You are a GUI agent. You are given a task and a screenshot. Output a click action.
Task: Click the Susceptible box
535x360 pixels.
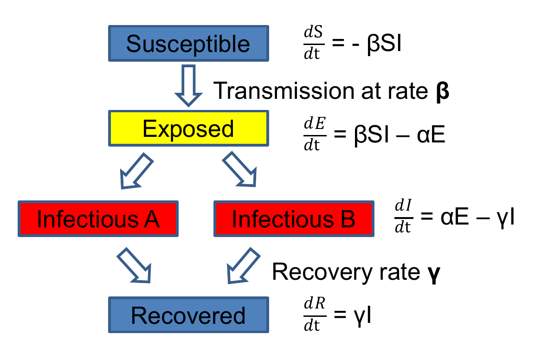pos(188,44)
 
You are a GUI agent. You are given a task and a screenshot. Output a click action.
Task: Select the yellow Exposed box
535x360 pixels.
pos(188,129)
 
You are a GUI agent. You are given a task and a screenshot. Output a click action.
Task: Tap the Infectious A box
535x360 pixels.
pos(98,219)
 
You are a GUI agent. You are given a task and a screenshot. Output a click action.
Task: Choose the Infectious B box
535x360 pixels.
pos(293,219)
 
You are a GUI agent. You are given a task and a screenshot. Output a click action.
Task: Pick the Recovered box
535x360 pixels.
pos(188,315)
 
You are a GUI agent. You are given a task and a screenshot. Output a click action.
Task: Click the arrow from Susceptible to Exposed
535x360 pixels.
pos(188,86)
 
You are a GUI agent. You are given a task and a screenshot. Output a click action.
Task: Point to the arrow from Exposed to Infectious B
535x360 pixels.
pos(239,171)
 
